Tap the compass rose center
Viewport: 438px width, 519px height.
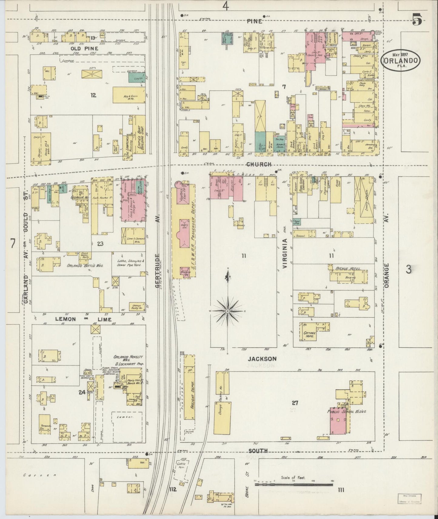pyautogui.click(x=227, y=311)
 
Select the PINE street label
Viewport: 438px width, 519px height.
pyautogui.click(x=254, y=21)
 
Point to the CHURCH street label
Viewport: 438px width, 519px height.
pyautogui.click(x=259, y=164)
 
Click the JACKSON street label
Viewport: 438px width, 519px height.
pyautogui.click(x=262, y=359)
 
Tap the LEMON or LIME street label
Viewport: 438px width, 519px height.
pyautogui.click(x=83, y=319)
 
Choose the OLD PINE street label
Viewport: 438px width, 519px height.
pyautogui.click(x=80, y=48)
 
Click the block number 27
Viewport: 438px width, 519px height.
pyautogui.click(x=295, y=403)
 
